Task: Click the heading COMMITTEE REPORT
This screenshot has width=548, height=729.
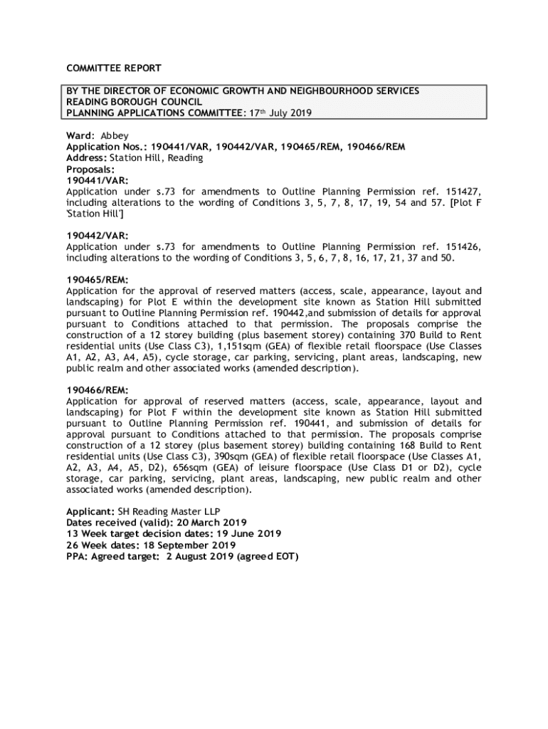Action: click(114, 68)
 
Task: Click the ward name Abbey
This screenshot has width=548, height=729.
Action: click(115, 135)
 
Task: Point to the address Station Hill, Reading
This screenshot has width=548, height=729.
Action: click(156, 158)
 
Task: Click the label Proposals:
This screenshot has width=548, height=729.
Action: click(90, 169)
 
